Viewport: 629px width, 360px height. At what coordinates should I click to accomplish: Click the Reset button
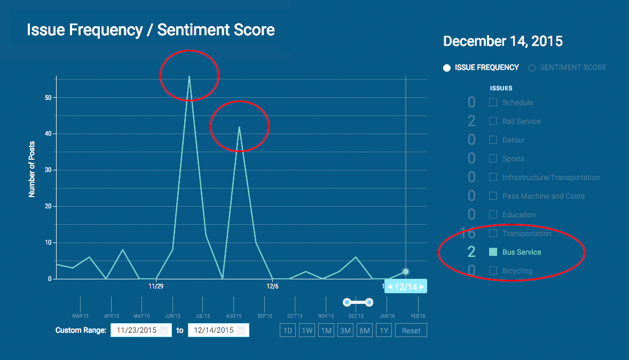(411, 331)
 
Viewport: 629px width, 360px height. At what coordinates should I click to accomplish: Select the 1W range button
(307, 331)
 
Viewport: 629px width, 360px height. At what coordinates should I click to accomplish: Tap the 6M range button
(365, 331)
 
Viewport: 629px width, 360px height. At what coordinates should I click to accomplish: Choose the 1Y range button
(384, 331)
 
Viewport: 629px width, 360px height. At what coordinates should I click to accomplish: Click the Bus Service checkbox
(493, 252)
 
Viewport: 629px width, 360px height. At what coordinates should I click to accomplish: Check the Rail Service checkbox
(493, 121)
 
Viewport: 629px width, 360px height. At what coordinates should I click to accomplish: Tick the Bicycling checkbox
(493, 271)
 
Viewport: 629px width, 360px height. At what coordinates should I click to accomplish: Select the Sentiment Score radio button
(532, 68)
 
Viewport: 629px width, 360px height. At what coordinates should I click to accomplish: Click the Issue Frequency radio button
(447, 68)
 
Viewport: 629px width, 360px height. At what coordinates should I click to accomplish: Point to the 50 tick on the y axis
(48, 98)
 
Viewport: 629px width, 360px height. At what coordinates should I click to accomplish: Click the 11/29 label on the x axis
(156, 286)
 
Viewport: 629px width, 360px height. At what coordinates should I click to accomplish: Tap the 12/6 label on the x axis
(272, 286)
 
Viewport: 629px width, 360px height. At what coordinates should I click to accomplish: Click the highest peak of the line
(189, 76)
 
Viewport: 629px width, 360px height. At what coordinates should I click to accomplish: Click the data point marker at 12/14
(406, 272)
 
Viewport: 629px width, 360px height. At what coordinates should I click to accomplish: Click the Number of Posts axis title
(32, 169)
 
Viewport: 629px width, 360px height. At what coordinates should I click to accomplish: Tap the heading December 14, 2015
(502, 41)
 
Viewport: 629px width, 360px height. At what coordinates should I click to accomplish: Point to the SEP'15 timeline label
(265, 316)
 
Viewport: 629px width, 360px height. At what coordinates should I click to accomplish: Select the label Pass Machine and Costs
(543, 196)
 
